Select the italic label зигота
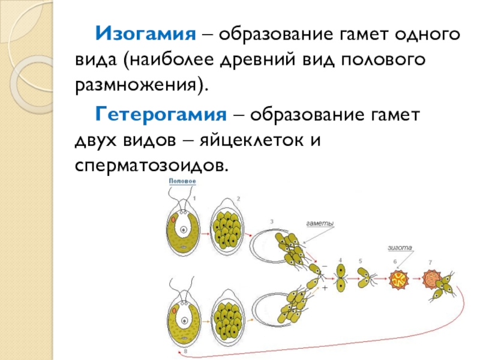click(x=399, y=247)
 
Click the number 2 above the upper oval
click(x=238, y=199)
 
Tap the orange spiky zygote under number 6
click(x=396, y=278)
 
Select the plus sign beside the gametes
click(x=325, y=288)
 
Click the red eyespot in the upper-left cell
click(x=173, y=220)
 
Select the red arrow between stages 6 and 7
click(x=413, y=278)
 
